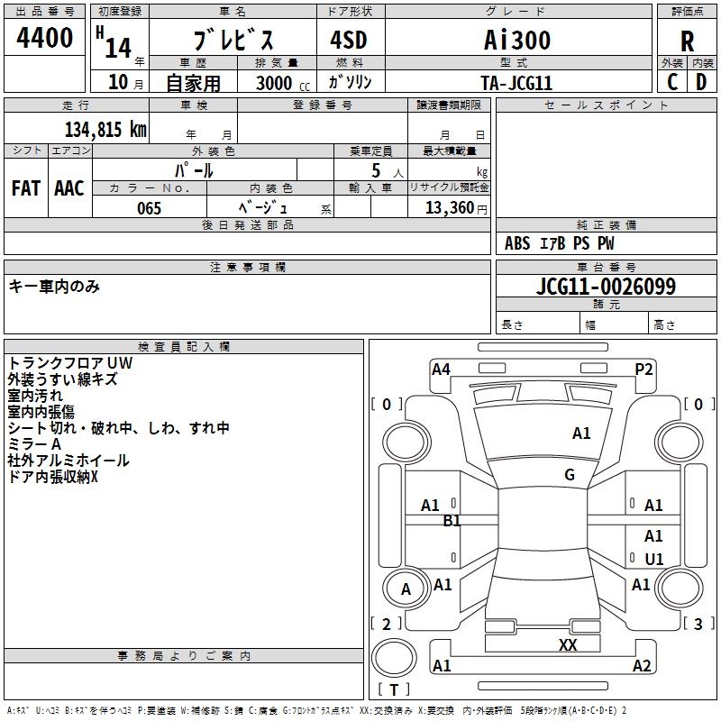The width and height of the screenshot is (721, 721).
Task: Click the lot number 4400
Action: pyautogui.click(x=45, y=38)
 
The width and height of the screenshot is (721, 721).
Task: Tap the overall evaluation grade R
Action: pyautogui.click(x=687, y=41)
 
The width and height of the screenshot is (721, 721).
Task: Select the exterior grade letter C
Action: pyautogui.click(x=671, y=81)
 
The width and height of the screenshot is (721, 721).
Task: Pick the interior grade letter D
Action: pyautogui.click(x=701, y=81)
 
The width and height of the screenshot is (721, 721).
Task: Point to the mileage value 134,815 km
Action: pyautogui.click(x=105, y=129)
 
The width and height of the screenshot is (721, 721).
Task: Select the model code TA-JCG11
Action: pyautogui.click(x=516, y=82)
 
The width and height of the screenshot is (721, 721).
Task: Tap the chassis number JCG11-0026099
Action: pyautogui.click(x=606, y=287)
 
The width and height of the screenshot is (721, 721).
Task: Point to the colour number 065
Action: pyautogui.click(x=149, y=208)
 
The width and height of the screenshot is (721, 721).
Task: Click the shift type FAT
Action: pyautogui.click(x=25, y=188)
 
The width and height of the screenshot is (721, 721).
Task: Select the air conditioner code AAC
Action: pyautogui.click(x=68, y=188)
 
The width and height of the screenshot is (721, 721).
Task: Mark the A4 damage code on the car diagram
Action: pyautogui.click(x=441, y=369)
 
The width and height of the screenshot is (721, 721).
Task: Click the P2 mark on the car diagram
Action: pyautogui.click(x=643, y=369)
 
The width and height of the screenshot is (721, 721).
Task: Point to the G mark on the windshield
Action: pyautogui.click(x=570, y=475)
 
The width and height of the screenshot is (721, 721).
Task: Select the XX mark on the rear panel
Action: pyautogui.click(x=568, y=645)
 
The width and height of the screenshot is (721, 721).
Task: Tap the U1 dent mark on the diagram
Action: pyautogui.click(x=654, y=560)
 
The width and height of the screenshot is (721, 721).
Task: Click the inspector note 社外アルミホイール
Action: pyautogui.click(x=68, y=461)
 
